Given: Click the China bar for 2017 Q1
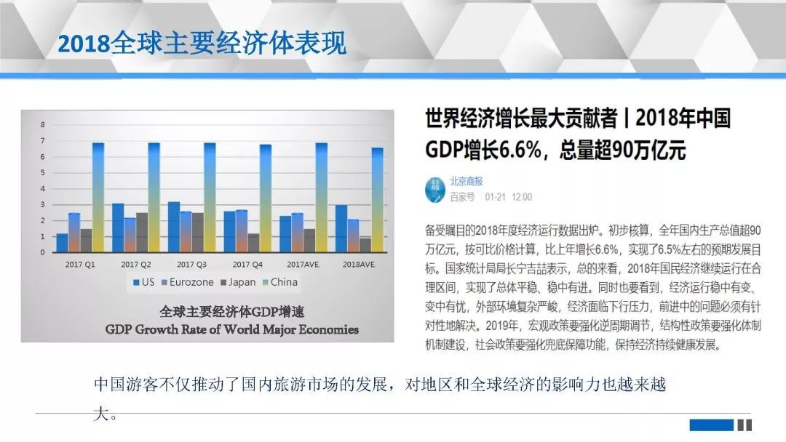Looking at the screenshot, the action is [98, 197].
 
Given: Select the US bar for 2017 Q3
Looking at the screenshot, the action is [174, 227].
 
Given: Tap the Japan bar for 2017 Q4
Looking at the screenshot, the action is [254, 243].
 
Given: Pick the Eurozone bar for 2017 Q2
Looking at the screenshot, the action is [130, 235].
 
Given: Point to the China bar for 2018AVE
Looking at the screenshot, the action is [378, 200].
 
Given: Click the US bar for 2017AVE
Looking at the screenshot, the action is [286, 234].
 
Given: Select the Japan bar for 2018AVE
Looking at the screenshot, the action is [365, 245].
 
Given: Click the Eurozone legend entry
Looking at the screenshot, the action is [188, 282].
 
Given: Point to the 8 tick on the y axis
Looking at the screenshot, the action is [43, 124].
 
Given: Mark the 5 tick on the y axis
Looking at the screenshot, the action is [43, 173].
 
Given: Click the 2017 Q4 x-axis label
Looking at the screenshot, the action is [247, 265].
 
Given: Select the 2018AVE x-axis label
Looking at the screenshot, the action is [359, 265].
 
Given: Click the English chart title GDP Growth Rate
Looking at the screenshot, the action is [232, 329].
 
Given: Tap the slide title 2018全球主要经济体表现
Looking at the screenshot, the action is [202, 43].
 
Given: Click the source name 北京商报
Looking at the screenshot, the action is [467, 181].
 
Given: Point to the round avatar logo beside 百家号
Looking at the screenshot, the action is [435, 189].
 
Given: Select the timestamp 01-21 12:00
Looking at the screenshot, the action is [508, 197].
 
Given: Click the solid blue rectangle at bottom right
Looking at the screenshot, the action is [711, 425].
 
